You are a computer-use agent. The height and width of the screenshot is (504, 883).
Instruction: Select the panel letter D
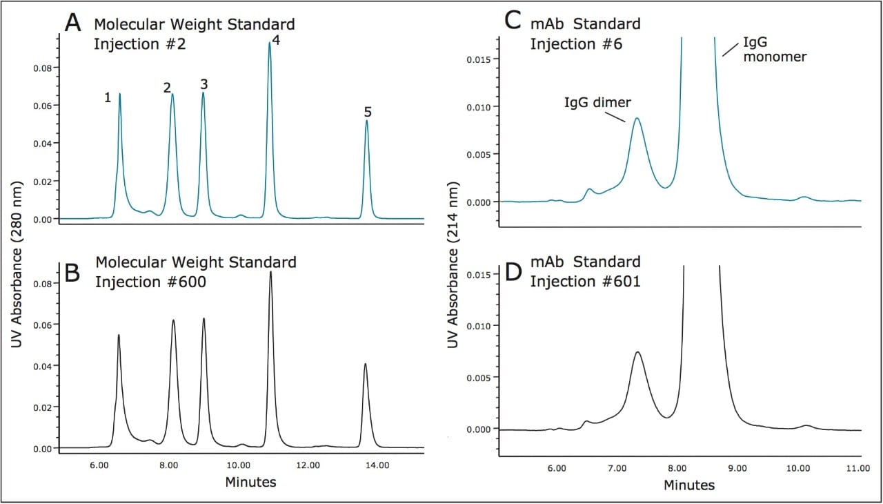513,271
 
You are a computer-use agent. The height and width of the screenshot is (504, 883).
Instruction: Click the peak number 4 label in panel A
276,40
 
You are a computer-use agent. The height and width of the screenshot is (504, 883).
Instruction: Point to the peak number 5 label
368,111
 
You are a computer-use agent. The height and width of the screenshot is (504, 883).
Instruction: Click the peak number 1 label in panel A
108,97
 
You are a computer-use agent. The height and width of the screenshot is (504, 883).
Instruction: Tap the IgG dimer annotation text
597,103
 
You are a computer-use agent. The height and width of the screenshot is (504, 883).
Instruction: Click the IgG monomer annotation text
774,50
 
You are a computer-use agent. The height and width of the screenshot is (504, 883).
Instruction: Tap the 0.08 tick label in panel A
43,68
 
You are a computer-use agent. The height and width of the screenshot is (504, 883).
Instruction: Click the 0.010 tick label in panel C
483,106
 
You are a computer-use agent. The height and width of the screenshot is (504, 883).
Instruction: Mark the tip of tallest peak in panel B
270,271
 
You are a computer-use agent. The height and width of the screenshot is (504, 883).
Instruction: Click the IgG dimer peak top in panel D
638,352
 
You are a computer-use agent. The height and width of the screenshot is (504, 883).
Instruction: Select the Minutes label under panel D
689,485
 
